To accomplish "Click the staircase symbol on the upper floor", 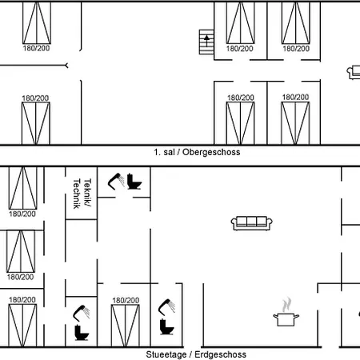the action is click(206, 42).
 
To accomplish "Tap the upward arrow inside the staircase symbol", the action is click(206, 40).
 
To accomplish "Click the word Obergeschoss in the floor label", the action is click(211, 152).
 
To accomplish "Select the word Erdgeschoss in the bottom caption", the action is click(220, 354).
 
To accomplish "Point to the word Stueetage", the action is click(166, 354).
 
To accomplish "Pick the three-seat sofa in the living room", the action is click(251, 223).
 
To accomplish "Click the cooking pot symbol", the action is click(286, 319).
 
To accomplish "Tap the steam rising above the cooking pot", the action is click(286, 305).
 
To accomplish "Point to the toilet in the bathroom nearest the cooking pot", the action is click(166, 326).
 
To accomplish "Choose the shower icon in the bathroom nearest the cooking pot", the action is click(166, 307).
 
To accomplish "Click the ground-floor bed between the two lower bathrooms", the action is click(126, 326).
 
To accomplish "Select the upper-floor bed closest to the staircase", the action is click(241, 22).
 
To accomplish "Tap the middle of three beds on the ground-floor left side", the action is click(21, 251).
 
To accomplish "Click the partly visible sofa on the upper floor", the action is click(354, 72).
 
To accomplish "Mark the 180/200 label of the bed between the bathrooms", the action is click(126, 301).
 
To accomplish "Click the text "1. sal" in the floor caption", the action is click(164, 152).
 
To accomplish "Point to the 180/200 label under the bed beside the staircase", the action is click(240, 49).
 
